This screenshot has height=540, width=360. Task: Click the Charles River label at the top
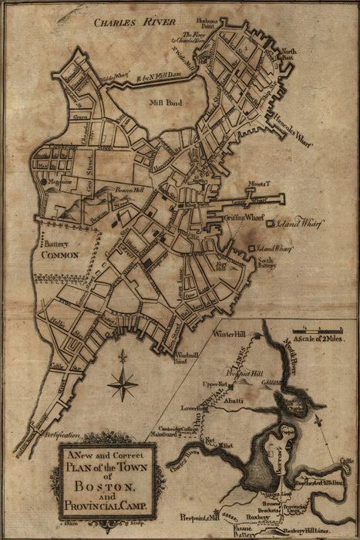click(134, 23)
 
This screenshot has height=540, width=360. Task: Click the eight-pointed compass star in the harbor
click(122, 380)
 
